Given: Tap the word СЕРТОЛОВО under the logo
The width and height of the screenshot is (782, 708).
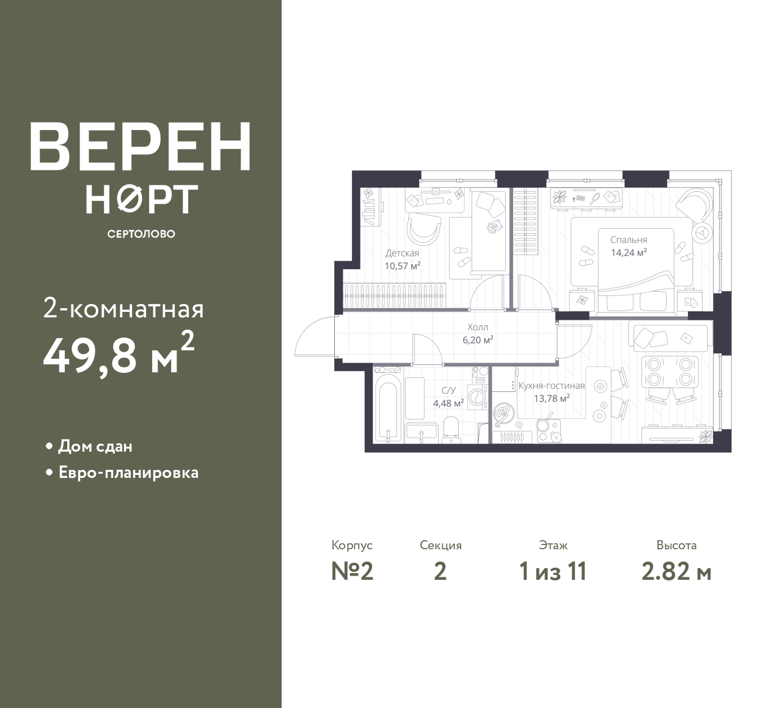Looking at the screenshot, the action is click(141, 234).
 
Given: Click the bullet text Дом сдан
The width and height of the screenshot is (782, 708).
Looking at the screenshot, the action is click(95, 447).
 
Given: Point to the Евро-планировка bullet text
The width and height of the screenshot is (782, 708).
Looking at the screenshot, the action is click(129, 473).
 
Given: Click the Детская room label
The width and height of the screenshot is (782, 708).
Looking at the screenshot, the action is click(403, 253).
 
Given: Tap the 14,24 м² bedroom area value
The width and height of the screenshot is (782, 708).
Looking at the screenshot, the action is click(629, 253).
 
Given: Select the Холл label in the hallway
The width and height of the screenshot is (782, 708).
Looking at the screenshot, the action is click(478, 327).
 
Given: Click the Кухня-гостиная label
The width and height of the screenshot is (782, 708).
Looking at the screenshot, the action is click(552, 386).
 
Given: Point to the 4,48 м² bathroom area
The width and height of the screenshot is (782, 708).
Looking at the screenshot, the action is click(448, 403).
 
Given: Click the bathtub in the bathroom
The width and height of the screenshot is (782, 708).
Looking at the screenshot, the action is click(387, 413).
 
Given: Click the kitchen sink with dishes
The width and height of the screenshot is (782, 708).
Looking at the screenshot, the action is click(503, 414).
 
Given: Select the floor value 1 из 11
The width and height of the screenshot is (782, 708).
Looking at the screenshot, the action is click(553, 572).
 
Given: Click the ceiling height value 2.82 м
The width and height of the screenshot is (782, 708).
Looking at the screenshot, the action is click(677, 572).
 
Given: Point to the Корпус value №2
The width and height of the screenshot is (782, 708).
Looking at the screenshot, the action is click(353, 572).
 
